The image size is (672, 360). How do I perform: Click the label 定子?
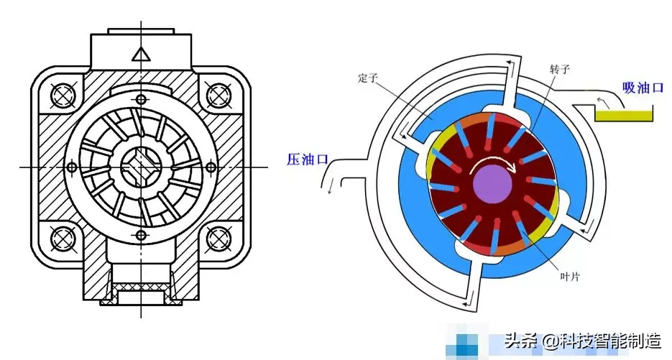point(367,78)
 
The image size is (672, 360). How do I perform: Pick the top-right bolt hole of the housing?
point(216,94)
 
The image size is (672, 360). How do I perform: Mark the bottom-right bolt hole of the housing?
point(216,237)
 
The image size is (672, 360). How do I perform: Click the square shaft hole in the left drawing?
point(140,167)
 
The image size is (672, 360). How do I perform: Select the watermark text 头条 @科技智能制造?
point(582,339)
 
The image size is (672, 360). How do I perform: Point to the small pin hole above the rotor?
point(141,98)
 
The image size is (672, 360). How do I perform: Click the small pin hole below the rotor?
point(141,236)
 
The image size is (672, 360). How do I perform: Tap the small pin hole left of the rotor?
point(71,167)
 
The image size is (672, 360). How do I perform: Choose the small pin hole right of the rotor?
point(211,167)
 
